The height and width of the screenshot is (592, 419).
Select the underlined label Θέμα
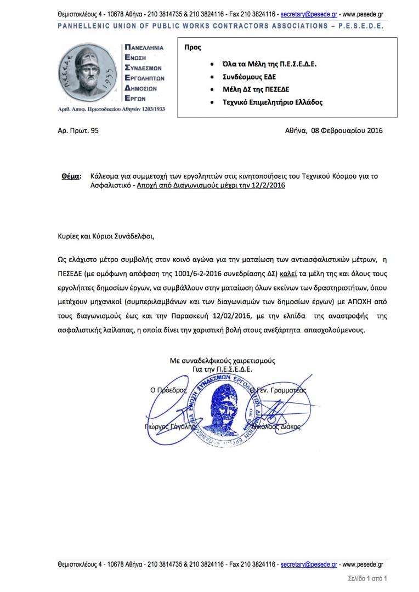tap(70, 177)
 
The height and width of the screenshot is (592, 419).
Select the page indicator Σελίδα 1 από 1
tap(367, 578)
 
